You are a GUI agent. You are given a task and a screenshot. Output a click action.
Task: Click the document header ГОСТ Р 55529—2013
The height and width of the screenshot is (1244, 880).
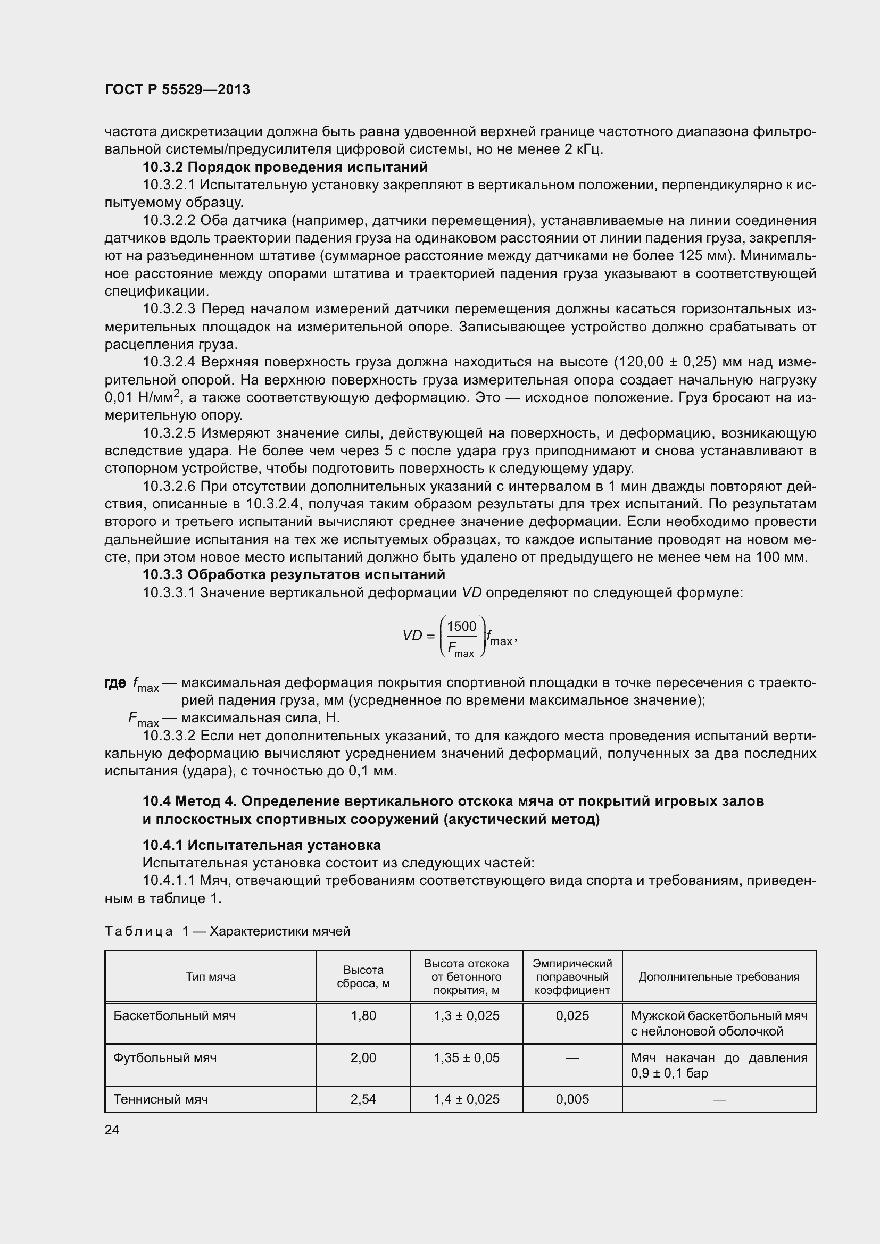pos(177,89)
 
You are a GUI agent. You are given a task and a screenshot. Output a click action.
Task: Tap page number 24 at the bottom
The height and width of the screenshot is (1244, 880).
pos(112,1130)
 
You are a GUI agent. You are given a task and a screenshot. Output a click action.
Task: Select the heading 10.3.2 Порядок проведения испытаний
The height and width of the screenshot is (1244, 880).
pos(285,167)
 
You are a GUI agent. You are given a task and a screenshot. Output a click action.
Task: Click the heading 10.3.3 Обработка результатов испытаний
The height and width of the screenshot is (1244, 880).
pos(294,574)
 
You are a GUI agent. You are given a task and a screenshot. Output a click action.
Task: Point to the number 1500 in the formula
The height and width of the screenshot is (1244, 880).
pos(461,627)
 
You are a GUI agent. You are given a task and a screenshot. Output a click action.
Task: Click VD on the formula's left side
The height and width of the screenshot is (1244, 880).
pos(412,636)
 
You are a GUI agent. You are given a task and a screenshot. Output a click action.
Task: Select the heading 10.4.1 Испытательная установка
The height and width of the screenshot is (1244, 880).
pos(262,845)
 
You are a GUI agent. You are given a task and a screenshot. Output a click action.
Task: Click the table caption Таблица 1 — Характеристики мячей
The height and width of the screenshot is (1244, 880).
pos(228,931)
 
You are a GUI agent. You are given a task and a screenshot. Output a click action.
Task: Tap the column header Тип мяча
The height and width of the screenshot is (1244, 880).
pos(211,977)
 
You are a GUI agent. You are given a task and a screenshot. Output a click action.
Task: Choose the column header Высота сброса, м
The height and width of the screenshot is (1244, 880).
pos(363,977)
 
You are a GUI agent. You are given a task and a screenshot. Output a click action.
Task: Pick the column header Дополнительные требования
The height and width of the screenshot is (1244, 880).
pos(719,977)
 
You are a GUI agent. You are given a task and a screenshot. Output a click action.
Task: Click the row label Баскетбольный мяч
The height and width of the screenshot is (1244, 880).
pos(175,1015)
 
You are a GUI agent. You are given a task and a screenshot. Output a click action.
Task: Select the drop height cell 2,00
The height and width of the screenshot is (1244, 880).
pos(363,1058)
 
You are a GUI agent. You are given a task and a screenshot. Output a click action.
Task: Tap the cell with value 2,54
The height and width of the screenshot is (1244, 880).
pos(363,1099)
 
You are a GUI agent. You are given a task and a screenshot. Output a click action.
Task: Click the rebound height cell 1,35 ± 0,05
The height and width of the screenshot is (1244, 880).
pos(466,1058)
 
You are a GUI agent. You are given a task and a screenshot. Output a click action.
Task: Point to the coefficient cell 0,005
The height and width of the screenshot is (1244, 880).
pos(572,1099)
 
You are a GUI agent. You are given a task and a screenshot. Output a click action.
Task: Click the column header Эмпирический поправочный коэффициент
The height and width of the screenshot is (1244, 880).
pos(572,977)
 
